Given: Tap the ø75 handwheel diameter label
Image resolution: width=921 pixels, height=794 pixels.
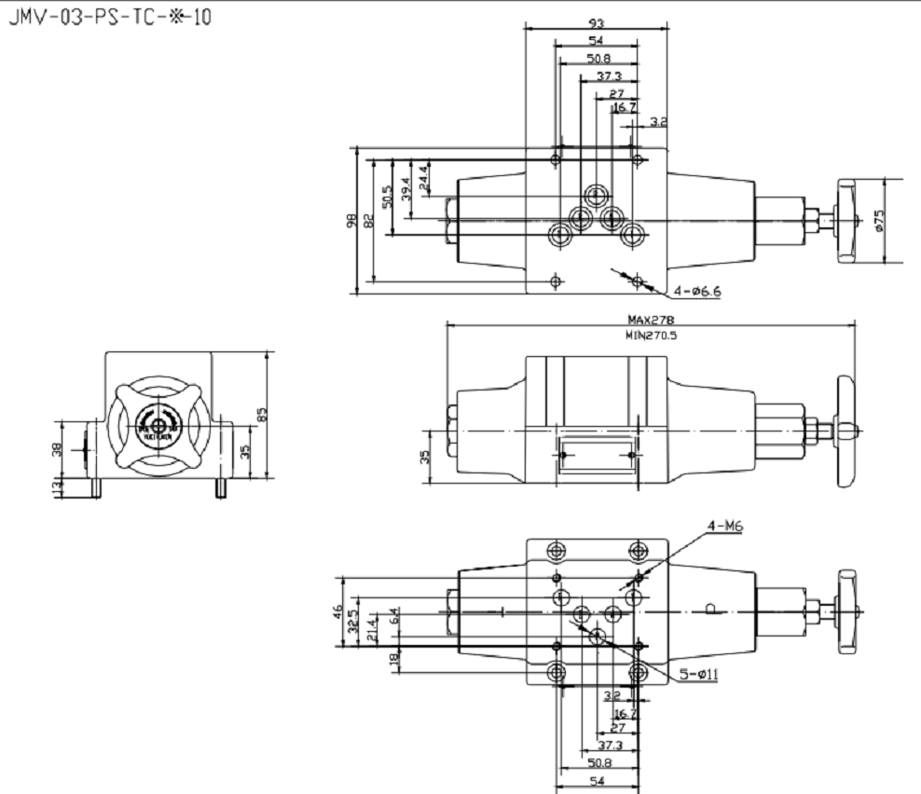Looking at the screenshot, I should click(x=879, y=221).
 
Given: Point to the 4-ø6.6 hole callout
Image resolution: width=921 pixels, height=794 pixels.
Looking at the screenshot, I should click(x=696, y=291).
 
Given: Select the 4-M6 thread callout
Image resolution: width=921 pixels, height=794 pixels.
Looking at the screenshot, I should click(x=724, y=526).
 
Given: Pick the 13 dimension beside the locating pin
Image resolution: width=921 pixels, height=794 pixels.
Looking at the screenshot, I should click(x=56, y=486).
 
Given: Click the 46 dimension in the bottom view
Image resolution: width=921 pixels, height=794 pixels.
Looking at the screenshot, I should click(x=338, y=611).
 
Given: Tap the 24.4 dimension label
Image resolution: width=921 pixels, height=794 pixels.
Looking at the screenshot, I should click(x=424, y=177).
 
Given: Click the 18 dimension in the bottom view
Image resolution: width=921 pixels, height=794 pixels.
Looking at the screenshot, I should click(x=393, y=660).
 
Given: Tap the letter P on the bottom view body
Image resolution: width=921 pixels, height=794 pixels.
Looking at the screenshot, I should click(x=710, y=609).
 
